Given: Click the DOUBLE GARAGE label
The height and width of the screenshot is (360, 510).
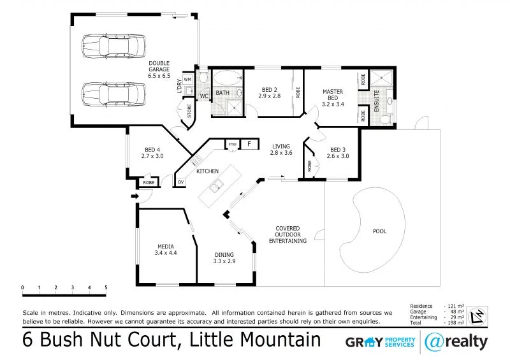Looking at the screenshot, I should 159,69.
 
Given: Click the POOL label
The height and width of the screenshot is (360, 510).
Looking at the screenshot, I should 379,231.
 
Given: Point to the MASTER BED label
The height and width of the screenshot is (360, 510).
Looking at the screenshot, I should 332,97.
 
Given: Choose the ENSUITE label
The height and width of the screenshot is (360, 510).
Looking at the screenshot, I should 377,101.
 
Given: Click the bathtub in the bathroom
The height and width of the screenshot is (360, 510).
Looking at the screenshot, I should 225,80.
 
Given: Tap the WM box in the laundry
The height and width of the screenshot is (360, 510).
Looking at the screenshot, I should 187,80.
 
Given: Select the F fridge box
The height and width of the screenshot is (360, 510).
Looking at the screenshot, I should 249,144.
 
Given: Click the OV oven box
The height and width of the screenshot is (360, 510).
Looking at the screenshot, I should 180,182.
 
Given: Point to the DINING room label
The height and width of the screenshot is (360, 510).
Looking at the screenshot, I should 224,257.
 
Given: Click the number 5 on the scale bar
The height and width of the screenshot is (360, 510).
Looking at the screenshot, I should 106,288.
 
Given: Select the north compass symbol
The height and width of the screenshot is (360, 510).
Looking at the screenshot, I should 475,315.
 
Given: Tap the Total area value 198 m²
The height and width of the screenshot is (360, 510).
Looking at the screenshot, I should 455,323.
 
